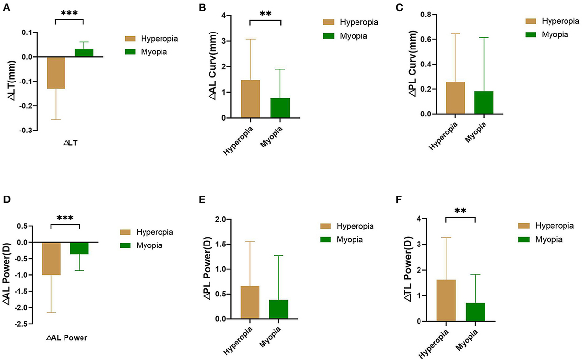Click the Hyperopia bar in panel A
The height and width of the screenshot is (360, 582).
[x=55, y=73]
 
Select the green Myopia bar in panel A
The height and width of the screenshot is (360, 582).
[x=84, y=52]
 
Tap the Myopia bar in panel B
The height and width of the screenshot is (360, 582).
[x=280, y=108]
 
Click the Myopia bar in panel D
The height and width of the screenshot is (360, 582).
[x=79, y=248]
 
